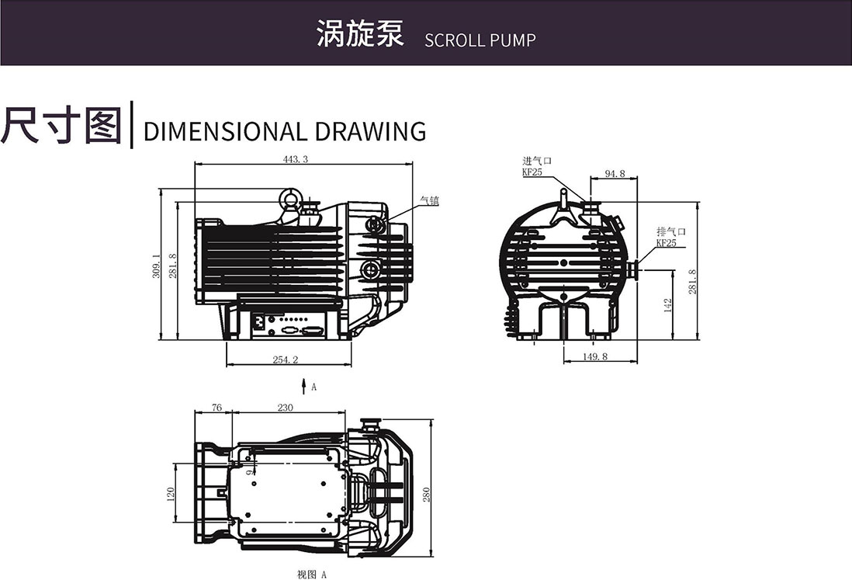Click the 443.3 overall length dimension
click(296, 159)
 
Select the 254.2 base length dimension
click(285, 359)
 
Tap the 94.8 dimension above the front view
click(615, 174)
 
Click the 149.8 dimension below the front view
click(594, 357)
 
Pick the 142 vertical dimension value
click(668, 305)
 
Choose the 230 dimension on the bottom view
click(285, 408)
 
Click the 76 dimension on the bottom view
click(216, 408)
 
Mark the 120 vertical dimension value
click(171, 494)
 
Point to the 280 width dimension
click(426, 495)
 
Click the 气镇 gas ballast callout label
click(429, 200)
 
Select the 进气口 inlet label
click(536, 161)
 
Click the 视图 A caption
click(312, 575)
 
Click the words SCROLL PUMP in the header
click(480, 40)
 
